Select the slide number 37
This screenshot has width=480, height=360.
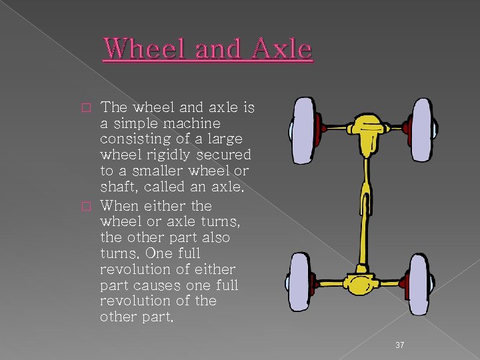pos(400,345)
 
